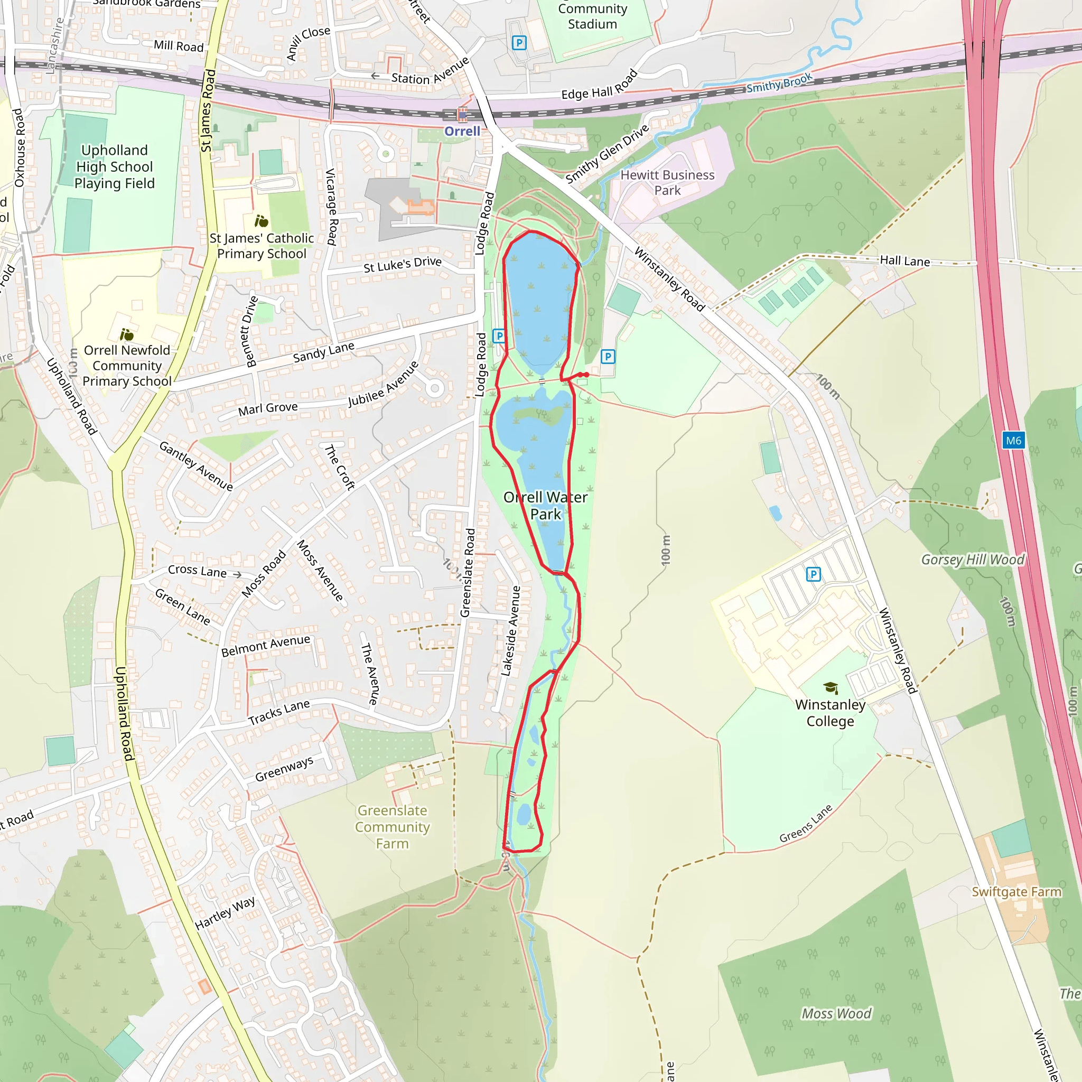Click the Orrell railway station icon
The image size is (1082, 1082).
pos(462,115)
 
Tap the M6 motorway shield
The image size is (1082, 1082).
pos(1013,440)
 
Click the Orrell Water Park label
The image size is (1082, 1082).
pos(545,506)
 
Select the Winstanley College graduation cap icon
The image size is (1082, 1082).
pos(831,688)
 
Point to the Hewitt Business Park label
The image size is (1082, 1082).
pos(668,183)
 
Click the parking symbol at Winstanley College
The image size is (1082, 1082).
pos(813,574)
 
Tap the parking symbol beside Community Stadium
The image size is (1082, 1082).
pos(519,43)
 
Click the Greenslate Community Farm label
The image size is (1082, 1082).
pos(393,827)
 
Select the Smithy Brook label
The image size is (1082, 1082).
pos(779,83)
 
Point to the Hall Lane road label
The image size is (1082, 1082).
pos(904,261)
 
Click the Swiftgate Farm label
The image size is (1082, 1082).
pos(1016,892)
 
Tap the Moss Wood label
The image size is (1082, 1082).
pos(836,1014)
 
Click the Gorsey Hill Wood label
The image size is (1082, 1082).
pos(973,559)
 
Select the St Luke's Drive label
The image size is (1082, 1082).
pos(402,264)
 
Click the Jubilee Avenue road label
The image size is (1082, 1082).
pos(383,384)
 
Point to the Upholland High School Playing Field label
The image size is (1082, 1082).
pos(114,167)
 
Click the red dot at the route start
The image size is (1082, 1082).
pos(585,375)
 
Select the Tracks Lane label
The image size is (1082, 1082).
pos(279,712)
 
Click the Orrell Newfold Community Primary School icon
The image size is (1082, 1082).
pos(127,335)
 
